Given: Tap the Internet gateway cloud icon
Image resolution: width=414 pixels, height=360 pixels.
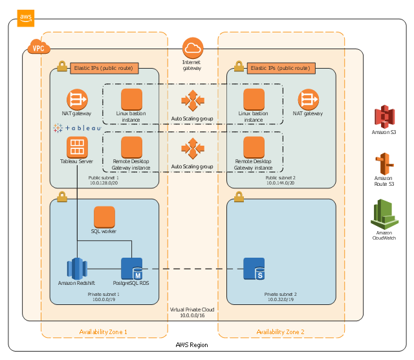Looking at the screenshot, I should click(192, 47).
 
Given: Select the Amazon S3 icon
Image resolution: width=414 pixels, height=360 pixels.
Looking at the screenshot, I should click(384, 117).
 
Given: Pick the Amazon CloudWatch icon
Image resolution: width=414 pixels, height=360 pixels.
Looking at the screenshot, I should click(384, 214).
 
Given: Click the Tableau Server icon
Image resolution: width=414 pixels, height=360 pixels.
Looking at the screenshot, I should click(77, 146).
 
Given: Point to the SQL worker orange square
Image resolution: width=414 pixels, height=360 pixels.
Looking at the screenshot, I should click(104, 217).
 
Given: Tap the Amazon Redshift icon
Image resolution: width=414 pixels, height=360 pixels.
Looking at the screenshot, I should click(77, 268).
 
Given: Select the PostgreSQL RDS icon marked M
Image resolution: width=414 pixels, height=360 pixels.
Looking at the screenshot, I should click(132, 268).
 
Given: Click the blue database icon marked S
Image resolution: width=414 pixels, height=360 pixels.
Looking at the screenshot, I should click(254, 268).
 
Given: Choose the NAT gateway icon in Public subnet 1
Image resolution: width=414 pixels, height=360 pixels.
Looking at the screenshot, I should click(77, 100).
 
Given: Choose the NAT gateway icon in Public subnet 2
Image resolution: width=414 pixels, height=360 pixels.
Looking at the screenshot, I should click(308, 100).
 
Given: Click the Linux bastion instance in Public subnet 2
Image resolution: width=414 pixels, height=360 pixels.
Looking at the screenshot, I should click(254, 100).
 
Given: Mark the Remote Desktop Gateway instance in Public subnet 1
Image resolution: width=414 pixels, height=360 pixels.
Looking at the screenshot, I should click(132, 147).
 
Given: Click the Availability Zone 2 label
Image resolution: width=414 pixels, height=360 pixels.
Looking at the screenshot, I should click(280, 332).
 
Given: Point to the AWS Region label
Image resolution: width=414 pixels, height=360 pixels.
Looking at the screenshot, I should click(192, 345).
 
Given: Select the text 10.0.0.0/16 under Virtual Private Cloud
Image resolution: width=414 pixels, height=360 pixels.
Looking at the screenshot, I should click(192, 316).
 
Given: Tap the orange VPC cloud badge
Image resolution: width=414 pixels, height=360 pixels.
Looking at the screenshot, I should click(38, 47).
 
